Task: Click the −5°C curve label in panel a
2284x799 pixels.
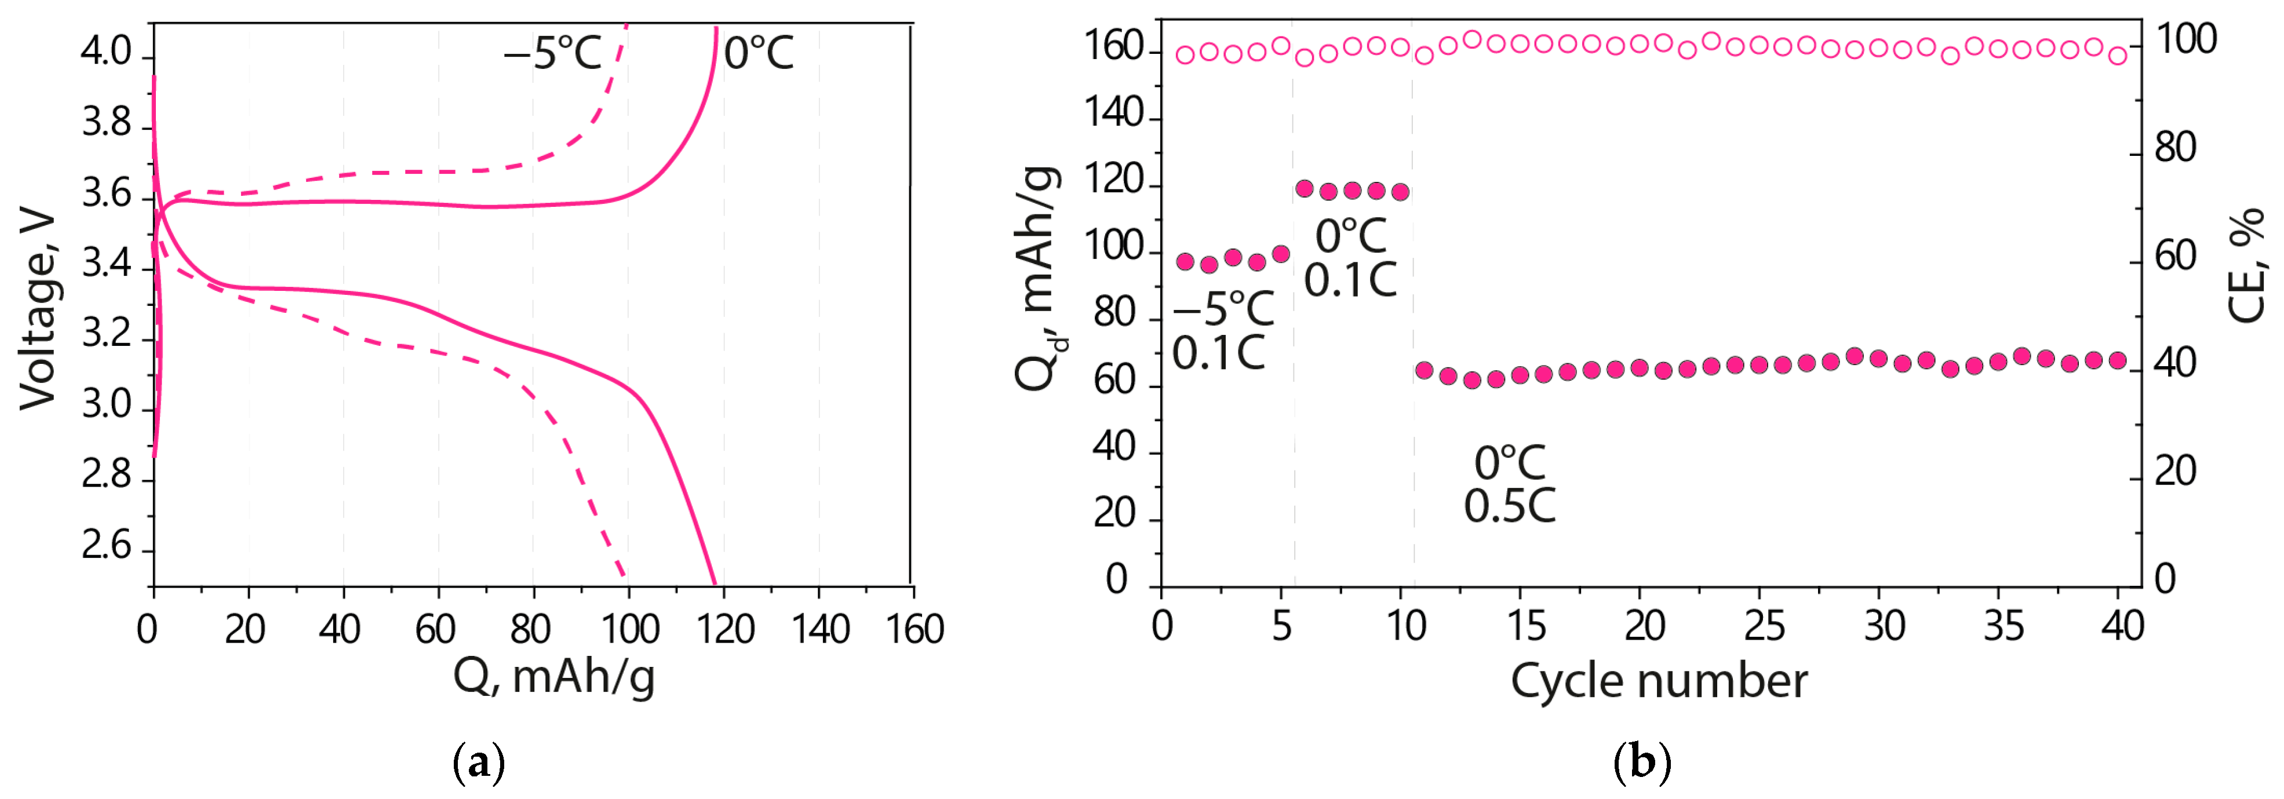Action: pyautogui.click(x=552, y=53)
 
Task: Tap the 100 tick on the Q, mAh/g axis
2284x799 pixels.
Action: pyautogui.click(x=629, y=629)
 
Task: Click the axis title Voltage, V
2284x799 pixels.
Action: pyautogui.click(x=37, y=311)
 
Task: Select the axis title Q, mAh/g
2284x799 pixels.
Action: pyautogui.click(x=554, y=677)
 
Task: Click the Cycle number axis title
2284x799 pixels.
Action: pyautogui.click(x=1658, y=681)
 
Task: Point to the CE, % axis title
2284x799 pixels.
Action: pyautogui.click(x=2246, y=266)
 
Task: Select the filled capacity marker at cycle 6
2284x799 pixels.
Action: pyautogui.click(x=1304, y=188)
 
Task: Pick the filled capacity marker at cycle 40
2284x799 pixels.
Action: pyautogui.click(x=2117, y=360)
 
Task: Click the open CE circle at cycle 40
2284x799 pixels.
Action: pyautogui.click(x=2117, y=56)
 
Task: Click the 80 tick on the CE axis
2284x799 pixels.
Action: pyautogui.click(x=2175, y=147)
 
